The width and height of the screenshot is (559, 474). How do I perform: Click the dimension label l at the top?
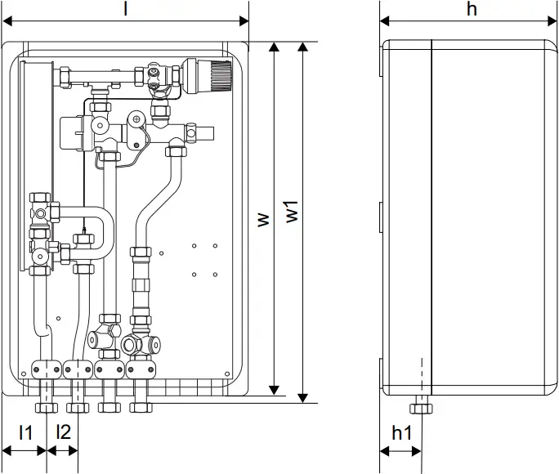pyautogui.click(x=125, y=9)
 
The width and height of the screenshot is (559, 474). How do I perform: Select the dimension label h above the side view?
pyautogui.click(x=471, y=9)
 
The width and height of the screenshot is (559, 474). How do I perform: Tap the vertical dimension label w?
pyautogui.click(x=262, y=220)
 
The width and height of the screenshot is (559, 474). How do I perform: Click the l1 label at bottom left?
pyautogui.click(x=25, y=432)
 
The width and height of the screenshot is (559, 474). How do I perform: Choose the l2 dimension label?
pyautogui.click(x=63, y=432)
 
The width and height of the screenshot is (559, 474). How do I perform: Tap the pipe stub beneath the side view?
pyautogui.click(x=422, y=406)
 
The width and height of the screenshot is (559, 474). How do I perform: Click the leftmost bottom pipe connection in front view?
pyautogui.click(x=47, y=405)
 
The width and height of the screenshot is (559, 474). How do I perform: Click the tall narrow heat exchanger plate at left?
pyautogui.click(x=35, y=123)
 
